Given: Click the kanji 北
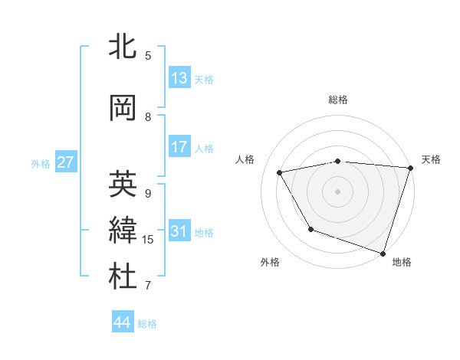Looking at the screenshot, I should click(123, 47).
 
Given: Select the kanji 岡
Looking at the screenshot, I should click(123, 108).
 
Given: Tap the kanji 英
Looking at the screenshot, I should click(123, 184).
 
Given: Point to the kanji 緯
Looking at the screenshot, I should click(123, 231).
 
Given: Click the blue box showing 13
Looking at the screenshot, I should click(179, 78).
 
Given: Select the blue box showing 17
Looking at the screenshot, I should click(179, 147).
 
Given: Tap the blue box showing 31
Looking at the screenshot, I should click(179, 231).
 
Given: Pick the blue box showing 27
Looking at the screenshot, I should click(65, 162).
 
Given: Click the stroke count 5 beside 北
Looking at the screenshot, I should click(148, 55).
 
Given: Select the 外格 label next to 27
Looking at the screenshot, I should click(41, 163).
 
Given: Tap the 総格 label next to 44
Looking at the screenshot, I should click(147, 324).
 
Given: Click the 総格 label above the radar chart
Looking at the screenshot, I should click(338, 100).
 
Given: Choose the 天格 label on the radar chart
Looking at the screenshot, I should click(431, 159).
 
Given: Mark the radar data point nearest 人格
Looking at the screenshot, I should click(280, 173).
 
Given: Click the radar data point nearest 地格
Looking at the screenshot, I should click(383, 253).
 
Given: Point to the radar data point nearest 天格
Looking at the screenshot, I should click(410, 168).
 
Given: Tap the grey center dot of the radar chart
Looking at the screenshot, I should click(338, 191).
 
